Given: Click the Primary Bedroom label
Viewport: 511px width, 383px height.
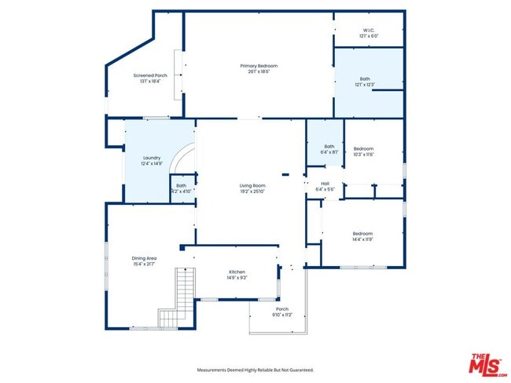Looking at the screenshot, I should pos(259,66).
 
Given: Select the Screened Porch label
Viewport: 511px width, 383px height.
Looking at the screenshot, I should pos(149,75).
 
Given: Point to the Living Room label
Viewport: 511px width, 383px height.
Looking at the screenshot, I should pos(252,186).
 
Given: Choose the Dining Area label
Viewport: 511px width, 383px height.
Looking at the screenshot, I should pos(144,258).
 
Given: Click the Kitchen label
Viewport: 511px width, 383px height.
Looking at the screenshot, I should pos(237,272).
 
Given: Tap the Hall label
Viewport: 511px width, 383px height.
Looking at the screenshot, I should pos(325,184).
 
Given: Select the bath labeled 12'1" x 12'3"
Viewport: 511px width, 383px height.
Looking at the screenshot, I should pos(365,78).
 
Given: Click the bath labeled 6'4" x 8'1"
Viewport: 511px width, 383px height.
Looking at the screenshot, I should pos(329,146).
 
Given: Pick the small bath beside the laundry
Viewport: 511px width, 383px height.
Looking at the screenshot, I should pos(181,186).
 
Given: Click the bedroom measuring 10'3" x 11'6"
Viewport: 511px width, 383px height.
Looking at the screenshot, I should pos(362,148).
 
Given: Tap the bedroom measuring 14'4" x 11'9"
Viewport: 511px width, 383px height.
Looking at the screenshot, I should pos(362,234).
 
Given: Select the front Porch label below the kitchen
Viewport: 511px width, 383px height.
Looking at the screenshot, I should pos(282,309).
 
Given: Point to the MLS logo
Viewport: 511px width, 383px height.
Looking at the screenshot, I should pos(487,365).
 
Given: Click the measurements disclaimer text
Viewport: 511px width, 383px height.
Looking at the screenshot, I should pos(255,369).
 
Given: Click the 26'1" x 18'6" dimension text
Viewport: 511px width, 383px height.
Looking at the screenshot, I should pos(259,71).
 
